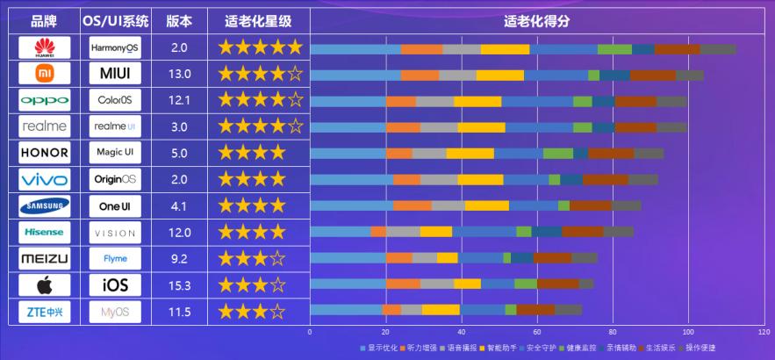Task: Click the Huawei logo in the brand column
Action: [44, 47]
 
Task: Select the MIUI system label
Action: [115, 73]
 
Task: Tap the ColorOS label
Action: [115, 99]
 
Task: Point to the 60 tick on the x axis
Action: [536, 332]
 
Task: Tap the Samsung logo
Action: [44, 206]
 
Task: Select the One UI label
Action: [115, 206]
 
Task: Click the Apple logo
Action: [44, 285]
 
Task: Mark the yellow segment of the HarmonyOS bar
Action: [505, 49]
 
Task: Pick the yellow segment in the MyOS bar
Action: [441, 309]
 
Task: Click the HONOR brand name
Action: [44, 153]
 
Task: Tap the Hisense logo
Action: [44, 233]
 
